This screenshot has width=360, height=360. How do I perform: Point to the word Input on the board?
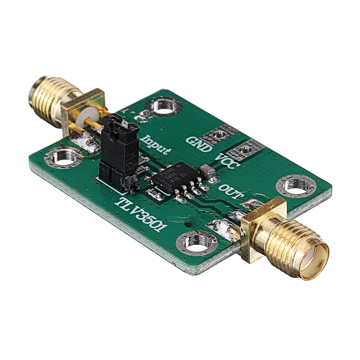[156, 145]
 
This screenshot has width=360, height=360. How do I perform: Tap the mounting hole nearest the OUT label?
[296, 185]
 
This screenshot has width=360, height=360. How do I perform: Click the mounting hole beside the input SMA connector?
[64, 157]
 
